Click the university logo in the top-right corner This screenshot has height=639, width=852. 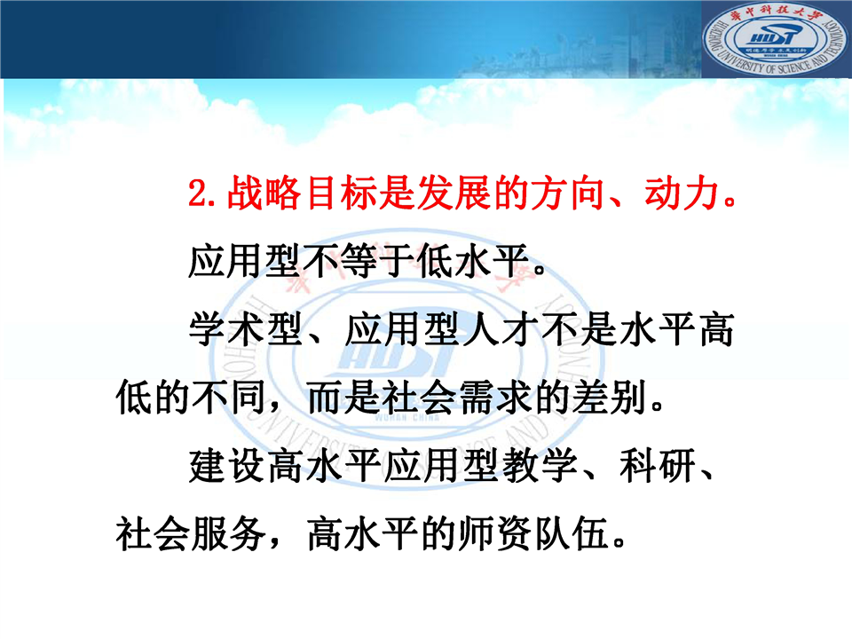click(776, 39)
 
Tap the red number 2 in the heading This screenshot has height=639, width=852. click(198, 193)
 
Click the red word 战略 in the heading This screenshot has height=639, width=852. click(264, 193)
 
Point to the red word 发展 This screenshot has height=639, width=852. click(454, 193)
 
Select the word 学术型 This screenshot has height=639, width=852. click(245, 330)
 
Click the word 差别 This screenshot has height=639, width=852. click(610, 398)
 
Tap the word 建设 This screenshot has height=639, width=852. click(226, 466)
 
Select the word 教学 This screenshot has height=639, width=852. click(540, 466)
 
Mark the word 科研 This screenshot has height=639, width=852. click(658, 466)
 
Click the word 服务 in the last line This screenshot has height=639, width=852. click(229, 534)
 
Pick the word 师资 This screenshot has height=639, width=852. click(495, 534)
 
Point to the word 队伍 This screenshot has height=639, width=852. click(572, 534)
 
